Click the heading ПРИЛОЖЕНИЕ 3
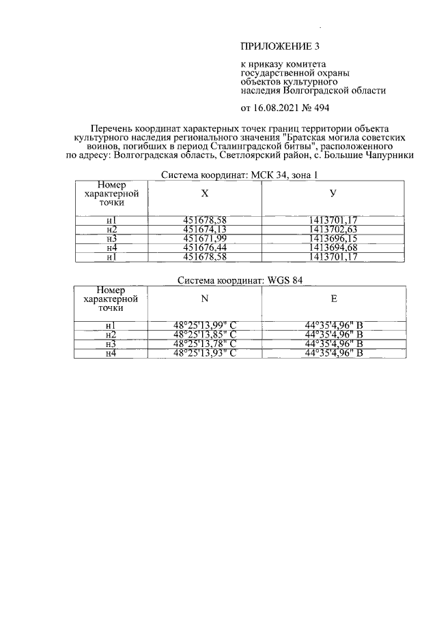280,47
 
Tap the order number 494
323,108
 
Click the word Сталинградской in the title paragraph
255,147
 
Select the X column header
205,193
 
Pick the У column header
333,193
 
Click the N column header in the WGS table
205,298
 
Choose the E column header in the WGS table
333,298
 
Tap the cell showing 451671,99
204,239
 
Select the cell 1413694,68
333,247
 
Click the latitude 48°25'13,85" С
204,335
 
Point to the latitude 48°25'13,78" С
204,344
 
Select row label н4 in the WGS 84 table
111,353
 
